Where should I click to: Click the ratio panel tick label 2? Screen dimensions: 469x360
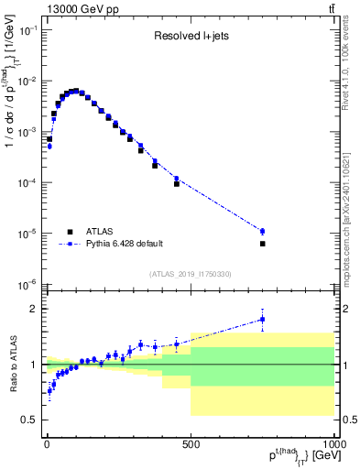click(x=34, y=309)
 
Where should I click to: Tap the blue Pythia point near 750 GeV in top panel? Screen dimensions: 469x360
click(x=263, y=232)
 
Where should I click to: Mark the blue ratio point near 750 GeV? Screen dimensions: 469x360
click(x=263, y=320)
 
